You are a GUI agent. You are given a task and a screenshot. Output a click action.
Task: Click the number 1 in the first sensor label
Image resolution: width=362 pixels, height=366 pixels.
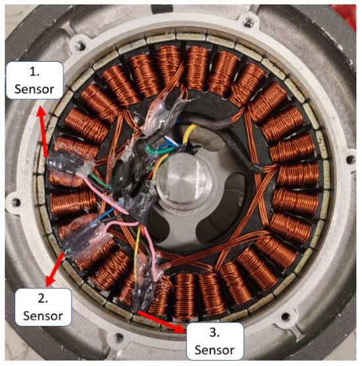pos(34,72)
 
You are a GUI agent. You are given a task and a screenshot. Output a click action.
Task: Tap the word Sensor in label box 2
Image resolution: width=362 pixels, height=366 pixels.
pos(43,316)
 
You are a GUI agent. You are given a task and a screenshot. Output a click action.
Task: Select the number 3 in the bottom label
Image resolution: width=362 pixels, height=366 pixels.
pos(215,332)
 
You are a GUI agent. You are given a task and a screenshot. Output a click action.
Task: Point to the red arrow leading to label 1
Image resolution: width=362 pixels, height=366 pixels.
pos(42,131)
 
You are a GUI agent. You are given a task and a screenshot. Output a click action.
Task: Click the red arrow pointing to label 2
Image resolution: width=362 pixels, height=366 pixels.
pos(55,270)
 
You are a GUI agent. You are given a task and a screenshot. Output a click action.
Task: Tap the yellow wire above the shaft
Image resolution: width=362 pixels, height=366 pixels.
pos(190,132)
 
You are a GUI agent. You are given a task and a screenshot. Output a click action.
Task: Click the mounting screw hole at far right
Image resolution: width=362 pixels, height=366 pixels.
pos(349,160)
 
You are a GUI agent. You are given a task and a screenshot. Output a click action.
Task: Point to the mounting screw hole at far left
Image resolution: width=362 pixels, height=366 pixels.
pos(16,202)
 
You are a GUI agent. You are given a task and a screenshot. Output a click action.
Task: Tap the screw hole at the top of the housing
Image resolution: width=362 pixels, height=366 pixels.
pos(248,22)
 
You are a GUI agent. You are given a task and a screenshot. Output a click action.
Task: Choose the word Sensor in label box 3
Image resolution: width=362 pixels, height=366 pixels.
pos(215,350)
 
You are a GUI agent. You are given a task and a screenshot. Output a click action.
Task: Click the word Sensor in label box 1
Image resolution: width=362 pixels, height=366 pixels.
pos(34,90)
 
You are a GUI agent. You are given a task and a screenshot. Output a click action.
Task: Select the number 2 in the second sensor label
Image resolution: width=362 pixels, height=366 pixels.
pos(43,298)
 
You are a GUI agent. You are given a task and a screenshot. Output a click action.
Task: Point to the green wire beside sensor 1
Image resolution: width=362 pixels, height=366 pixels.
pos(101,182)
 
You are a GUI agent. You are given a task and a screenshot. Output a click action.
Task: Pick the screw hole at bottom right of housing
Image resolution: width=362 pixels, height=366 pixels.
pos(286,317)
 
